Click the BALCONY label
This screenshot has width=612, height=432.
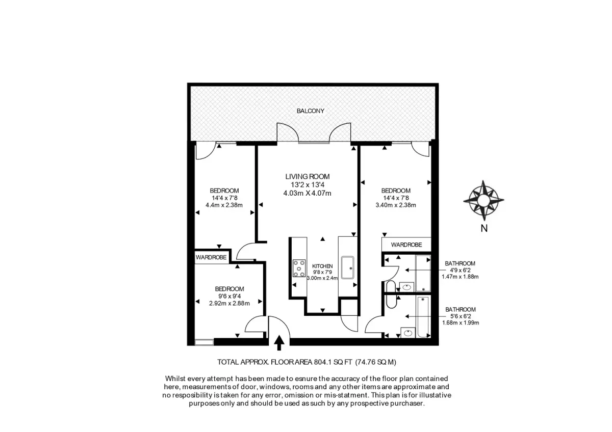click(311, 111)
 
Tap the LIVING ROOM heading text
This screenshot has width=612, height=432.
click(308, 177)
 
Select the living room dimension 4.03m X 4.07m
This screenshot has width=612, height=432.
click(308, 193)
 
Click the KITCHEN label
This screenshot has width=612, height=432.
click(322, 266)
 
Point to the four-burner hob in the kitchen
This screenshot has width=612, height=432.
click(299, 268)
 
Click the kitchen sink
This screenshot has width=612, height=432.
click(347, 267)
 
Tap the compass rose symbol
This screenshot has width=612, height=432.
click(483, 200)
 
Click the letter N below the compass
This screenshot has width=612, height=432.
click(484, 228)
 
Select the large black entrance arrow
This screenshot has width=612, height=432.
click(279, 343)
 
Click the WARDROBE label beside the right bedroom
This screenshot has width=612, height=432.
click(406, 245)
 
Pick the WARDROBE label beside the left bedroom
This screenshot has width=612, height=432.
click(211, 257)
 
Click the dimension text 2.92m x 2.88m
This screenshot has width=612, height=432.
click(229, 303)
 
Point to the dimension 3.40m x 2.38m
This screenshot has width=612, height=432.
click(396, 205)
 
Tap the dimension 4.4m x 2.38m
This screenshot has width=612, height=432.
click(224, 205)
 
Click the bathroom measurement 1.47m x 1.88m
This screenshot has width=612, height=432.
click(460, 277)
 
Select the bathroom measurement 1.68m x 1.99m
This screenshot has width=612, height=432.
click(461, 322)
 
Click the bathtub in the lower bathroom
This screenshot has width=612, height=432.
click(423, 317)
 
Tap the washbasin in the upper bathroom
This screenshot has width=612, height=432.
click(407, 287)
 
